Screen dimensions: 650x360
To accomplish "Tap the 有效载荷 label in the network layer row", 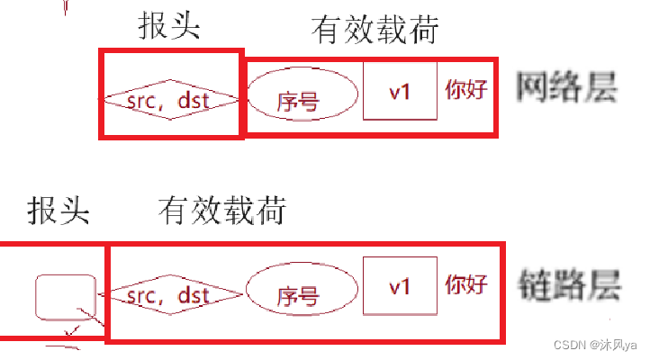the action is (x=375, y=30).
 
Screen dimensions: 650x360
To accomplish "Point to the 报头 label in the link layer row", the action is (x=59, y=211).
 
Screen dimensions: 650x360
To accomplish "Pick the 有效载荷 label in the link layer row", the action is (x=221, y=211).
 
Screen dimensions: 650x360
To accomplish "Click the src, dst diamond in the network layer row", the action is (x=170, y=99).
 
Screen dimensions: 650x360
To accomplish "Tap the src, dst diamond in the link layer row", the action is (x=171, y=294).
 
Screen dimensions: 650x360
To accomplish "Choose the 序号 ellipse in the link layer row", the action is (x=298, y=294).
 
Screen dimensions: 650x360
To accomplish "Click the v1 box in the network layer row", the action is (x=400, y=91).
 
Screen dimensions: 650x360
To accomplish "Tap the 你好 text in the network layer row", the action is (x=466, y=90).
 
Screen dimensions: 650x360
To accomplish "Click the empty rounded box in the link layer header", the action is (x=65, y=296).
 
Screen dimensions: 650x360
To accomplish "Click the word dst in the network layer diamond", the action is (x=193, y=99).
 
